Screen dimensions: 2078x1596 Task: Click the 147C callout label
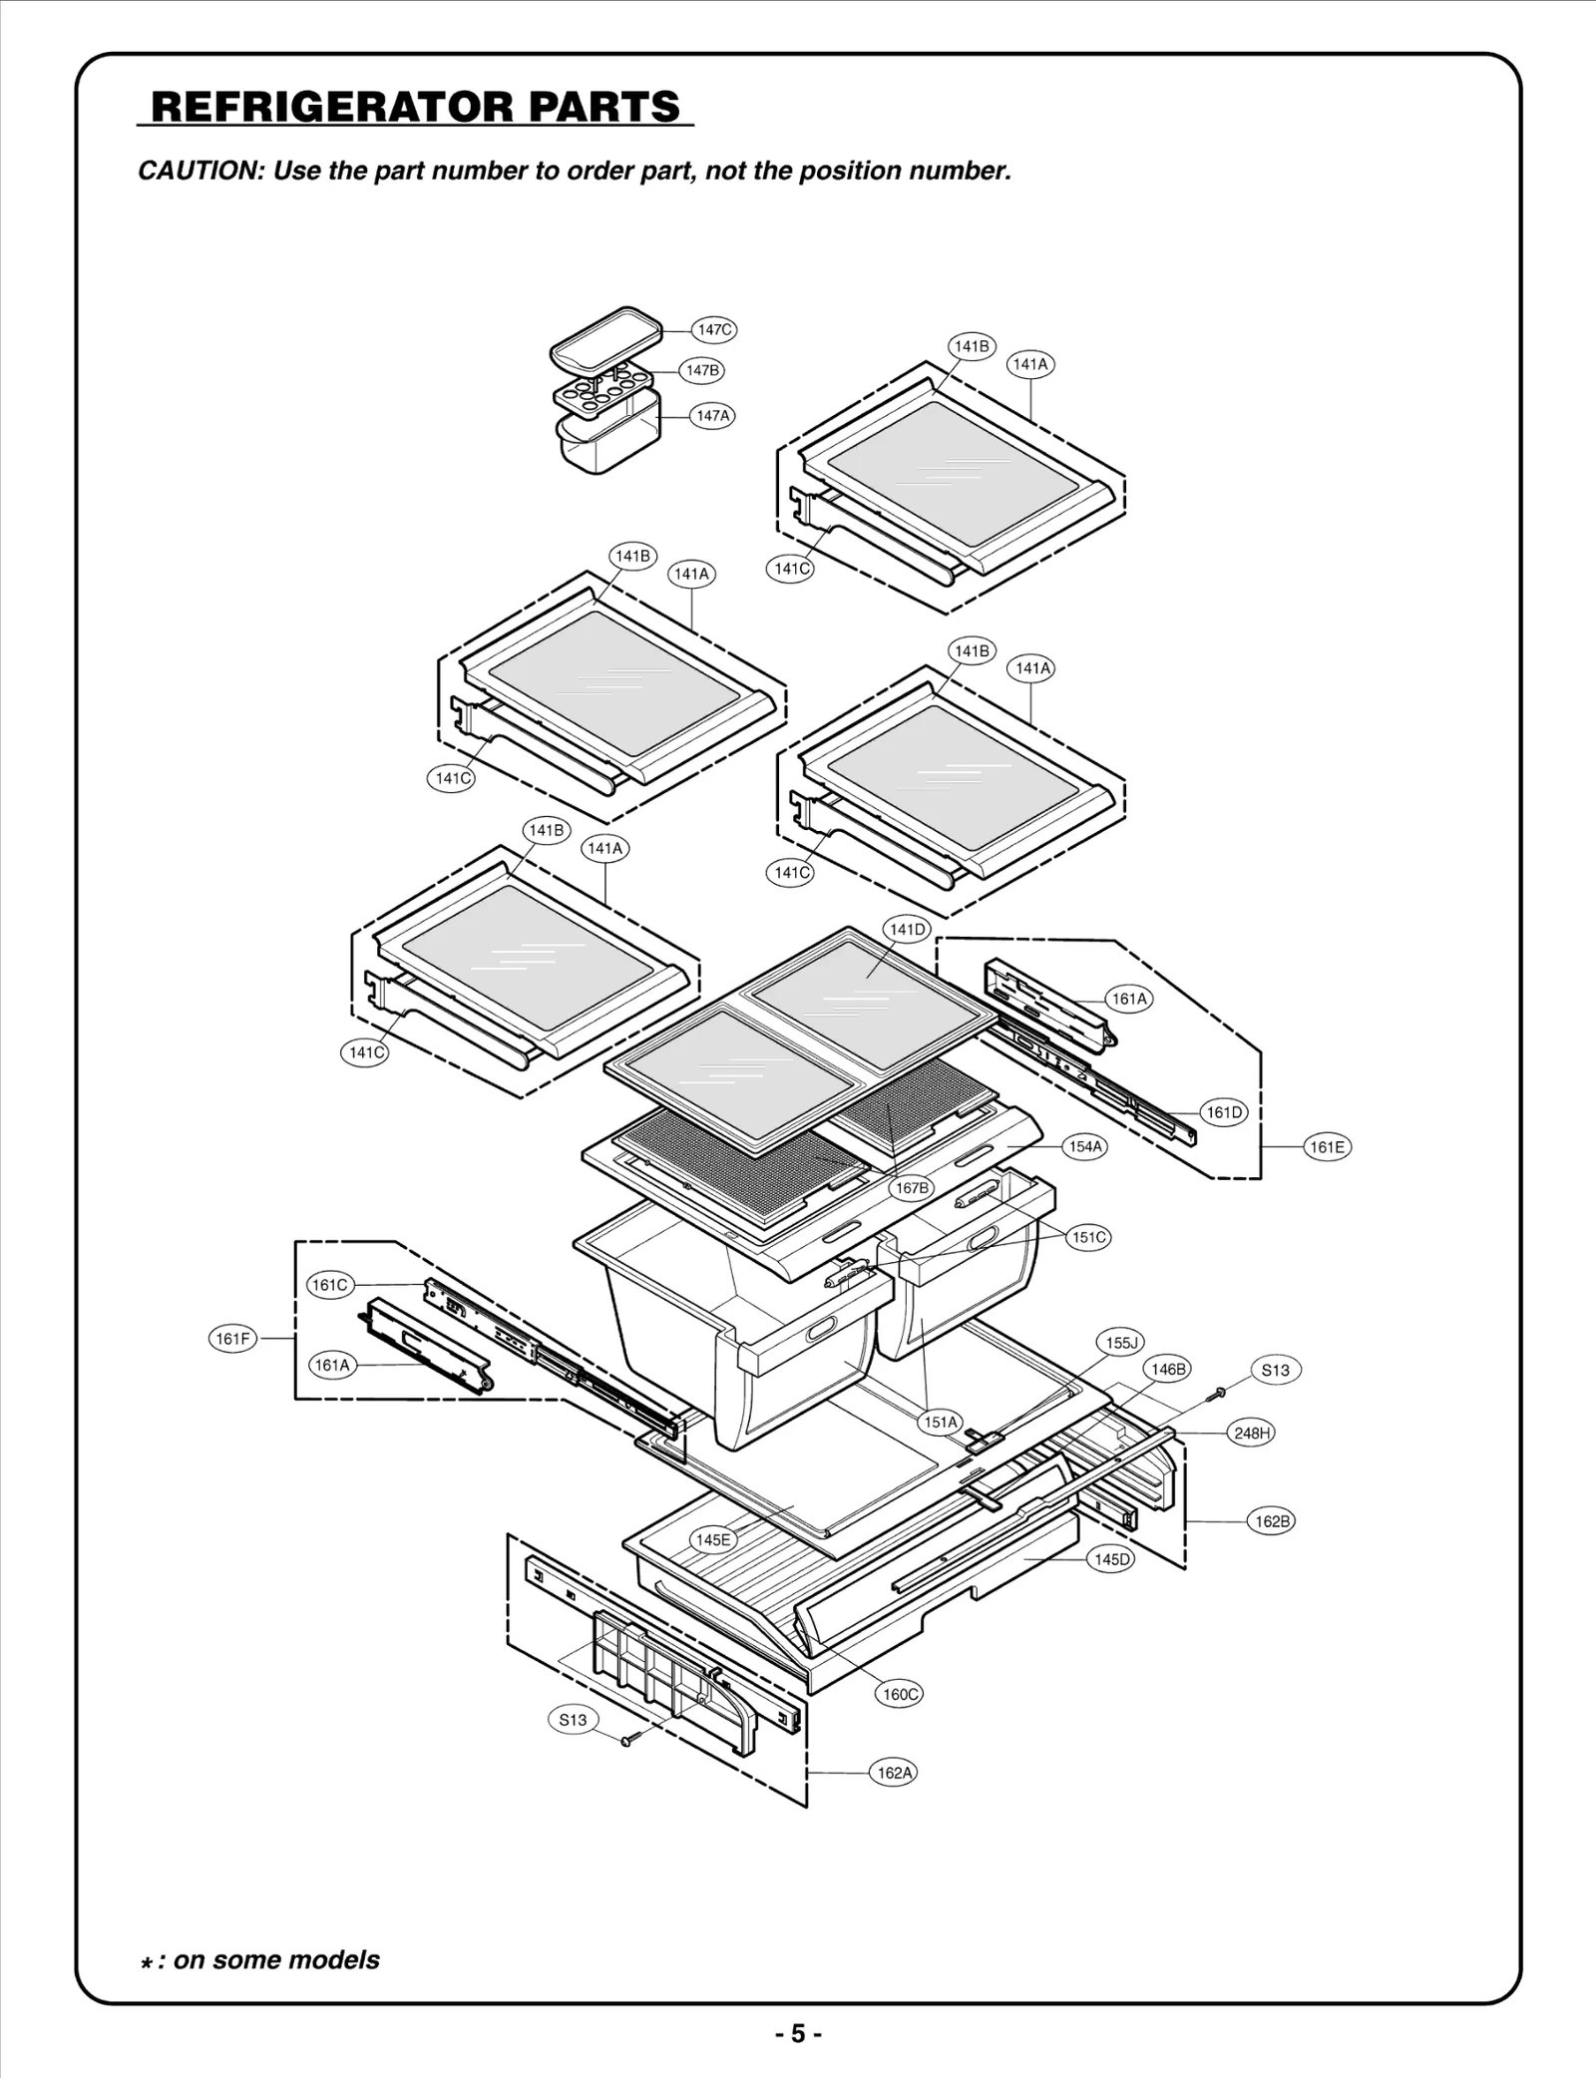point(714,329)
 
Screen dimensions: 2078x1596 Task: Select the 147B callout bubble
point(702,370)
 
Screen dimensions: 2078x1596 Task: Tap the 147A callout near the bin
point(712,415)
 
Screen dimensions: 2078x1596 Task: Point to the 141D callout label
point(907,930)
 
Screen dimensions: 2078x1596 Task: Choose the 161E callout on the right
point(1327,1147)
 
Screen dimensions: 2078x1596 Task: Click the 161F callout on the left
point(232,1339)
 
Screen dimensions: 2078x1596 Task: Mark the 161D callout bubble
point(1224,1112)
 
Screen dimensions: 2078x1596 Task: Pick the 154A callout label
point(1085,1147)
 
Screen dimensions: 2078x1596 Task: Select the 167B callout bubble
point(912,1188)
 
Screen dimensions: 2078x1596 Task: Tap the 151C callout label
point(1088,1237)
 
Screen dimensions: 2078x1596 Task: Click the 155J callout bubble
point(1120,1343)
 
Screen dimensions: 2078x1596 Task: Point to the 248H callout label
point(1252,1434)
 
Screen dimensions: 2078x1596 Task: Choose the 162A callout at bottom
point(894,1773)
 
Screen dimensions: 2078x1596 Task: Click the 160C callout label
point(900,1694)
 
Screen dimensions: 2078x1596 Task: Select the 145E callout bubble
point(712,1539)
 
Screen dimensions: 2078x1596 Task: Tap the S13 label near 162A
point(573,1720)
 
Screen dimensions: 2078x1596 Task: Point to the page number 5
point(798,2034)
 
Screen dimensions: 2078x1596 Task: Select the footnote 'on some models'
point(275,1958)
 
